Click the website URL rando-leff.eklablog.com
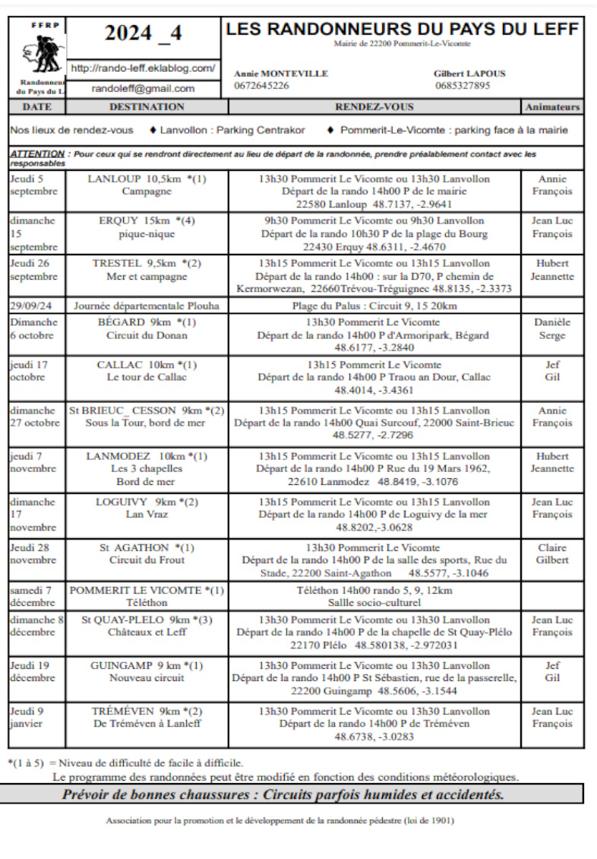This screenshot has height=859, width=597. pos(142,68)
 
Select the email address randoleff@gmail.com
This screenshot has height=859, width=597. pos(143,88)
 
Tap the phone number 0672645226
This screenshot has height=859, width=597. pos(261,85)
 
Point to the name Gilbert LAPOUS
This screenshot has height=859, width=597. pos(470,74)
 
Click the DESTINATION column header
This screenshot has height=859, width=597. pos(147,107)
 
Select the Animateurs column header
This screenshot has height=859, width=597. pos(552,107)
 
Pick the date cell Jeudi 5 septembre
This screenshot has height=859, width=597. pos(35,185)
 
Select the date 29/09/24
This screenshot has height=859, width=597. pos(31,306)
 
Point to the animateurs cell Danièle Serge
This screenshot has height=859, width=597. pos(552,329)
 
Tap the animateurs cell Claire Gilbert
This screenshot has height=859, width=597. pos(552,553)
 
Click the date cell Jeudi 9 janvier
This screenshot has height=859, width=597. pos(29,717)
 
